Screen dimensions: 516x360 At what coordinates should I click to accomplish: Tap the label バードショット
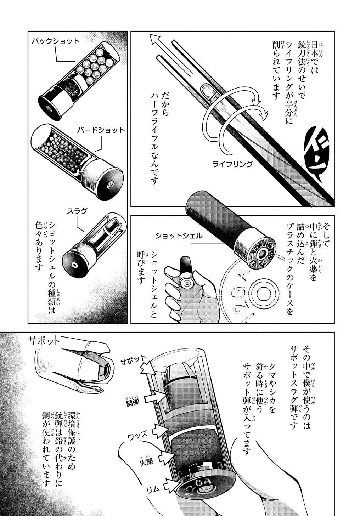click(x=101, y=130)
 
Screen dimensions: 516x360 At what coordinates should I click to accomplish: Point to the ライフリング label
click(x=232, y=164)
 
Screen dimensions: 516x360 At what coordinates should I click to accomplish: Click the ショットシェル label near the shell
click(x=179, y=236)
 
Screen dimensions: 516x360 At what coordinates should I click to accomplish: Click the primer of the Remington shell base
click(x=262, y=254)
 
